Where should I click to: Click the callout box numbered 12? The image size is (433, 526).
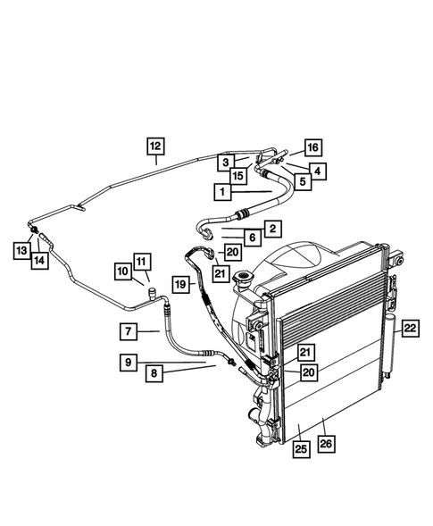click(x=155, y=146)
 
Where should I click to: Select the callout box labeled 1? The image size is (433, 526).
click(x=219, y=191)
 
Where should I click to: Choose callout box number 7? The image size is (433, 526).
click(x=129, y=331)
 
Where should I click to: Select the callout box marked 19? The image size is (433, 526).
click(x=180, y=284)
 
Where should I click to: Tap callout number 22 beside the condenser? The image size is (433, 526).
click(x=410, y=330)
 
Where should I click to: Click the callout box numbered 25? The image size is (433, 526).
click(x=302, y=449)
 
